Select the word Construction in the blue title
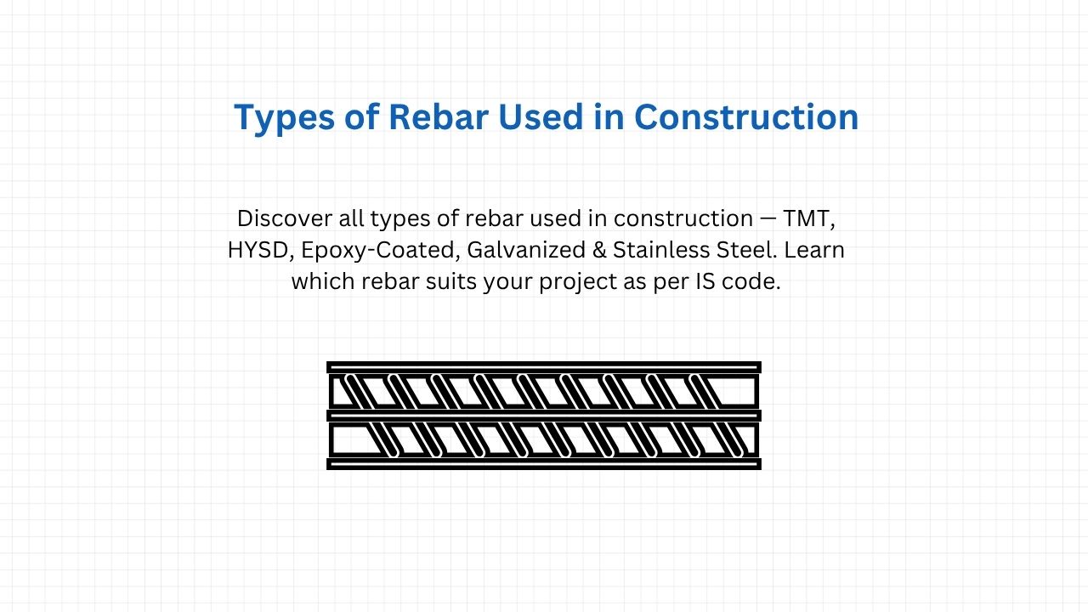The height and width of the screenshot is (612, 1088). pyautogui.click(x=746, y=117)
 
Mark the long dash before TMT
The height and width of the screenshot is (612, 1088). pyautogui.click(x=768, y=218)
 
